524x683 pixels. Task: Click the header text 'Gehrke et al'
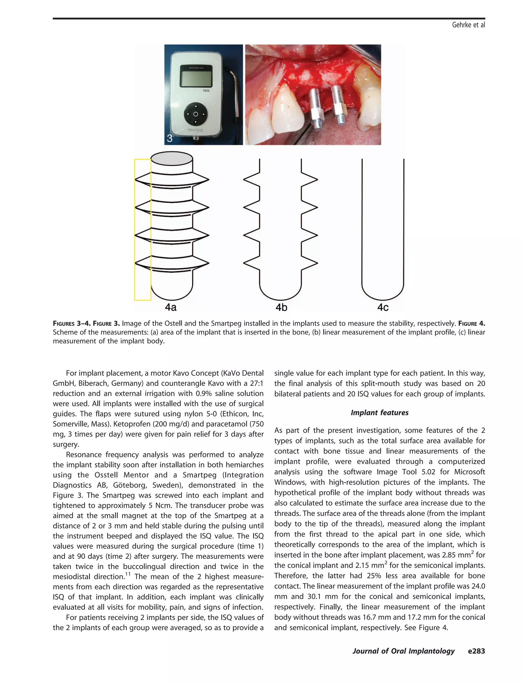click(x=468, y=25)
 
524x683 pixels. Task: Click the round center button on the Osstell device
click(x=195, y=114)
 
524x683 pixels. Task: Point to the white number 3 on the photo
click(x=170, y=138)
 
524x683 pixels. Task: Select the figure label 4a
click(x=171, y=307)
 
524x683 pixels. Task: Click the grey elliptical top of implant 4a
click(x=171, y=158)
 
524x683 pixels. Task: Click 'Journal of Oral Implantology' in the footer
click(x=403, y=651)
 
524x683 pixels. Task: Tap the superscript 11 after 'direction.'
click(x=128, y=574)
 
